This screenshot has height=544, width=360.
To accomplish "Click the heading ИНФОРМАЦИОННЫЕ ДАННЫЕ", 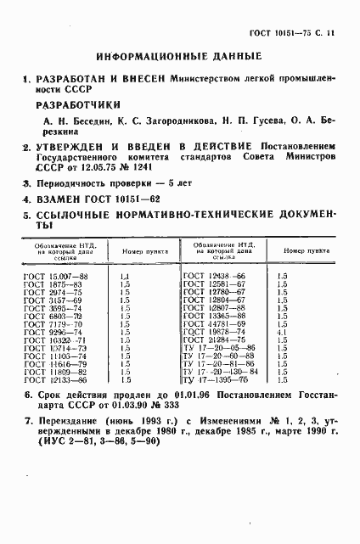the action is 180,59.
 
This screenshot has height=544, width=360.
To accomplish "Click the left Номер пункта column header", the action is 139,251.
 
